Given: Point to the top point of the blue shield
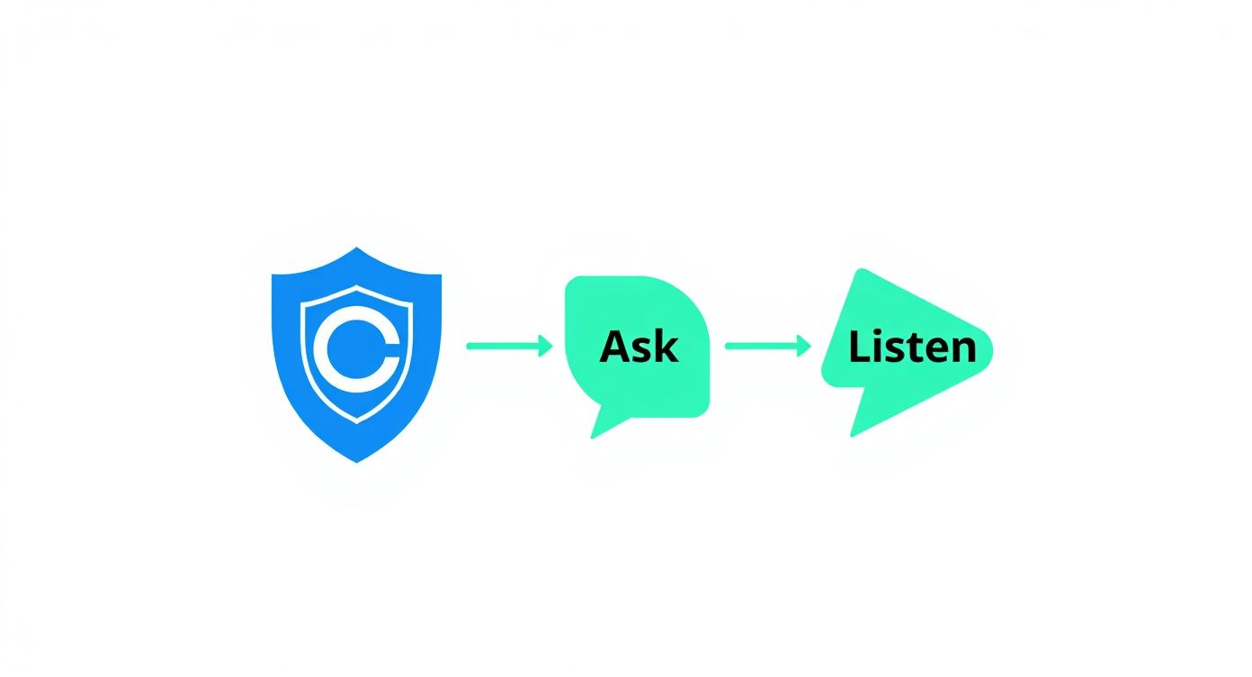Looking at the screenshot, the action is [x=356, y=248].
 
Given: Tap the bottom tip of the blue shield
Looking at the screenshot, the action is [x=357, y=462].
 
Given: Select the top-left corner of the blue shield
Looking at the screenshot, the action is [x=273, y=275].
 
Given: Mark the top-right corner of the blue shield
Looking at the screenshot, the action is [x=441, y=275].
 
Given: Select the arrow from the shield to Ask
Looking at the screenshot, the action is [x=510, y=346].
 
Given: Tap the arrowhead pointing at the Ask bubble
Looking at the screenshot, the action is [x=546, y=346].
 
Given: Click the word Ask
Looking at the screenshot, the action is [x=639, y=347].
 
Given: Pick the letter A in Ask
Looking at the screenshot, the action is [x=615, y=347].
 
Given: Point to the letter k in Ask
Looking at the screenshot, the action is [x=667, y=347].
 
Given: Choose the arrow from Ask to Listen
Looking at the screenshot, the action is [x=768, y=346].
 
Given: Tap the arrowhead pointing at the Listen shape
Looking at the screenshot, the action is [x=804, y=346].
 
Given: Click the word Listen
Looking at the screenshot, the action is [x=912, y=347].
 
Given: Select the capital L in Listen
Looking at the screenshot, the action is [x=860, y=347].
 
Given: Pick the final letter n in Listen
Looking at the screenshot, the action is [x=964, y=350].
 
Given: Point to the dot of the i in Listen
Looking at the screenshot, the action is [x=881, y=333].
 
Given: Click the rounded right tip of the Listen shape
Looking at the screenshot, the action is [x=989, y=350].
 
